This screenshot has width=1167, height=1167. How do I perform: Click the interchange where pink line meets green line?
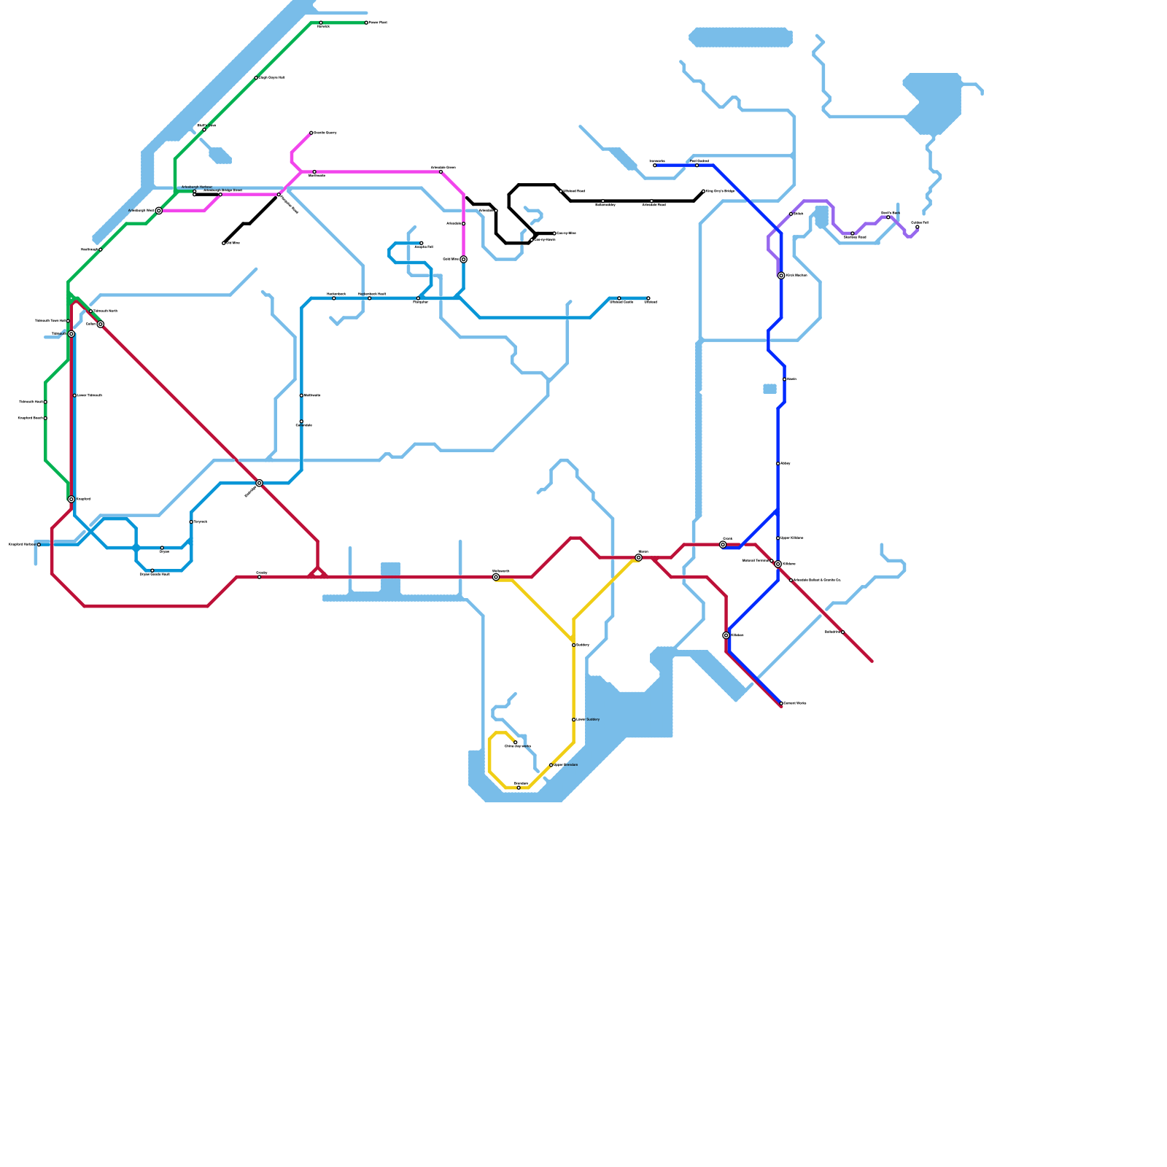(159, 211)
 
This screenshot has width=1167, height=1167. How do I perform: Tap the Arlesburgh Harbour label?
(197, 187)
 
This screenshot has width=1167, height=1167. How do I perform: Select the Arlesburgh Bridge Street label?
(222, 190)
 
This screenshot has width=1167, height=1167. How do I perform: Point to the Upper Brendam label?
(565, 764)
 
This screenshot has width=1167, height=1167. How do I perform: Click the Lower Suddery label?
(587, 719)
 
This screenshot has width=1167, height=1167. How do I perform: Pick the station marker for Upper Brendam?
(551, 764)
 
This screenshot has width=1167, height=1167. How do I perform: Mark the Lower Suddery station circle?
(574, 719)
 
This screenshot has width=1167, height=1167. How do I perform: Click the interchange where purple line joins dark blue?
(781, 276)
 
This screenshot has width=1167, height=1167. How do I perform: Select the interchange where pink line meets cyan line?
(463, 259)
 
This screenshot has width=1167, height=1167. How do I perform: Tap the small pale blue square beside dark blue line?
(769, 389)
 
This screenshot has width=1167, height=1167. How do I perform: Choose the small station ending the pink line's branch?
(311, 133)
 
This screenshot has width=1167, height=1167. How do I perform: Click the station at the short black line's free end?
(224, 243)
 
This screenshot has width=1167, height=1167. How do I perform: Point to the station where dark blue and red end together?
(781, 704)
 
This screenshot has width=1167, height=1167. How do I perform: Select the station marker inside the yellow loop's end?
(515, 743)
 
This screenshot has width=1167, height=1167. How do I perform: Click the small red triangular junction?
(317, 573)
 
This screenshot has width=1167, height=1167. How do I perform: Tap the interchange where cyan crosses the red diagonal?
(259, 483)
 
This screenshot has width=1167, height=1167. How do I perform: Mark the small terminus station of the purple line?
(918, 227)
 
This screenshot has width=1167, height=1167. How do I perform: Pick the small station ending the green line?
(366, 23)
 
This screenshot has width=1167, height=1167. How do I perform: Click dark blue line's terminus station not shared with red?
(654, 166)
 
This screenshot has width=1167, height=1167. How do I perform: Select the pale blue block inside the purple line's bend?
(822, 217)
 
